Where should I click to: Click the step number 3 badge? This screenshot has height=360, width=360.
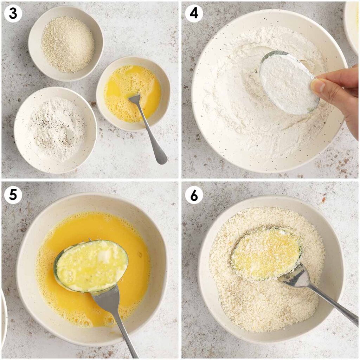13,13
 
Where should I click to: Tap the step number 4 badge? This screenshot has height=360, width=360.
194,13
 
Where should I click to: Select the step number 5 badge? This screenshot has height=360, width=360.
13,195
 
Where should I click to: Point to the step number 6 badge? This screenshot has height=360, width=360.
194,195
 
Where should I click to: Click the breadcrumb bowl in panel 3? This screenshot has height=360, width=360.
66,43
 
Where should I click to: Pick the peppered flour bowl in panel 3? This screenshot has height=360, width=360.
55,130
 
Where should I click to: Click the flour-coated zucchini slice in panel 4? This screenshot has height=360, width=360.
289,82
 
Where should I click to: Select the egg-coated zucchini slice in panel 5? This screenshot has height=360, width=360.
91,266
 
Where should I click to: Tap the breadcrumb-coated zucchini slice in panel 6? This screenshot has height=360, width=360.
266,254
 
